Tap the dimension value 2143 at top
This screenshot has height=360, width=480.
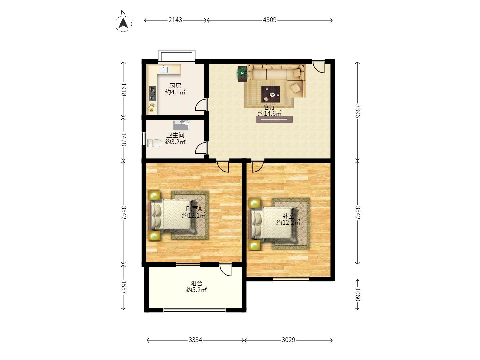[x=175, y=20]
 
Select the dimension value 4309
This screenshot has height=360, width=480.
[x=270, y=20]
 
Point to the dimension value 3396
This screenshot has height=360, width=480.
[x=357, y=111]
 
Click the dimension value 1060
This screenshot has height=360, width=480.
[x=357, y=295]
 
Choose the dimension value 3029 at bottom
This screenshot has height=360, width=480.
[x=288, y=340]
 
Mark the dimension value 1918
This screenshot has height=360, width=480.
[x=123, y=89]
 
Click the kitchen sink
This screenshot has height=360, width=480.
[x=165, y=69]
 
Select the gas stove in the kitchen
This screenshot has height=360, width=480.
[x=152, y=94]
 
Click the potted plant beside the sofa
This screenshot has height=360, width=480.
[x=242, y=73]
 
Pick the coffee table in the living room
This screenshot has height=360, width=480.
[x=270, y=94]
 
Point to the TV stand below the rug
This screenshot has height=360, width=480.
[x=274, y=119]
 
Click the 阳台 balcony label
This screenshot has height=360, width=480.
[x=196, y=283]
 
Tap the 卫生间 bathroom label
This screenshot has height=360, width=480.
[x=175, y=135]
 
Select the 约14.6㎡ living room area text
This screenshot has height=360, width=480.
[x=270, y=113]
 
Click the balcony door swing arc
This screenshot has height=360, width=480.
[x=226, y=270]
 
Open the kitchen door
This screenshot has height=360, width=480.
[x=201, y=105]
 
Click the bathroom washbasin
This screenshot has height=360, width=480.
[x=181, y=125]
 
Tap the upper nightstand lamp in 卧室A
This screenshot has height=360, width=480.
[x=154, y=195]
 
